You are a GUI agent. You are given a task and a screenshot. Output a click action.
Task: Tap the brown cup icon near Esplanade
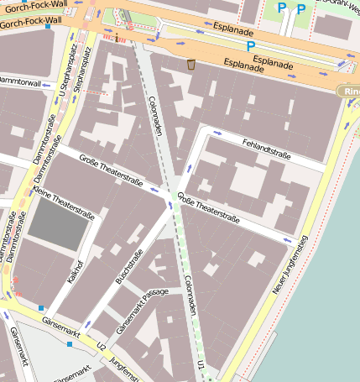[x=191, y=64]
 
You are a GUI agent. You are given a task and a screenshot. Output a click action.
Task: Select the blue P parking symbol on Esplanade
[x=250, y=46]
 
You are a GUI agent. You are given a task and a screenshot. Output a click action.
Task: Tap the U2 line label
[x=102, y=345]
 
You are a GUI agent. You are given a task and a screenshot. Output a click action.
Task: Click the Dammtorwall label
[x=21, y=82]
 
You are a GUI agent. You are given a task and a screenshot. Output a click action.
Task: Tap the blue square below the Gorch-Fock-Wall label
[x=48, y=26]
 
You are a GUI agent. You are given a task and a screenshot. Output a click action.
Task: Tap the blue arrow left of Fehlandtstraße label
[x=217, y=133]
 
